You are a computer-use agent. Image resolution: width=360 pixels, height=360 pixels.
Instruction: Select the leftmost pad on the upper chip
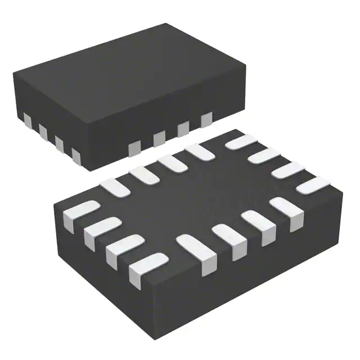(x=27, y=119)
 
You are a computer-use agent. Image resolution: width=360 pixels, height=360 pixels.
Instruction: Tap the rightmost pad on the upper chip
(x=206, y=119)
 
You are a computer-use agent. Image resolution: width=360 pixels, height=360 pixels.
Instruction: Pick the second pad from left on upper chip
(x=43, y=130)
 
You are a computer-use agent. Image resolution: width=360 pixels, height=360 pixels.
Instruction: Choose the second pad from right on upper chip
(x=183, y=129)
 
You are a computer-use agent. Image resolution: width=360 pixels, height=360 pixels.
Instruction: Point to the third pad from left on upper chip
(x=59, y=142)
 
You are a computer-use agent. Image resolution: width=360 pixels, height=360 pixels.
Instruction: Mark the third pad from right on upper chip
(x=159, y=138)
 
